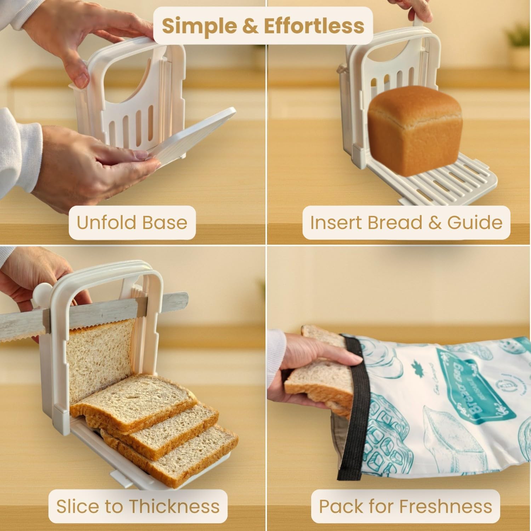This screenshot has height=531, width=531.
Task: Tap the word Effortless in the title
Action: click(314, 26)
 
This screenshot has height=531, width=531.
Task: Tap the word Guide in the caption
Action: click(475, 223)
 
